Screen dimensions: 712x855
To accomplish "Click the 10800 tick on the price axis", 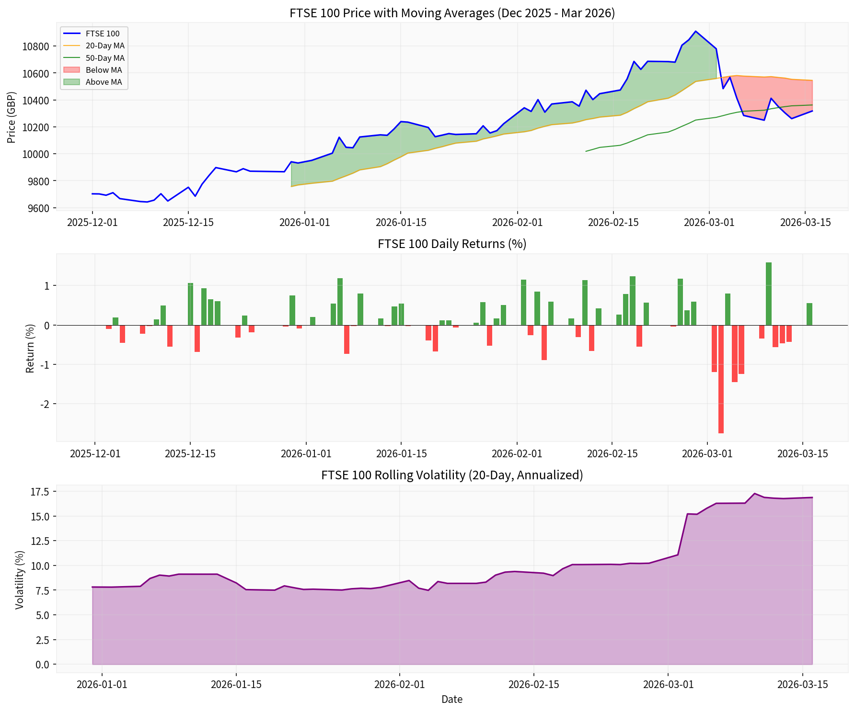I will tap(36, 46).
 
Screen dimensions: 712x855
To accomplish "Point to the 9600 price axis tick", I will tap(38, 208).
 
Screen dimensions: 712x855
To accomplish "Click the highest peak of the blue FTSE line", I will tap(695, 31).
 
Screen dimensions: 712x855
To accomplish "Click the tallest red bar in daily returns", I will tap(721, 379).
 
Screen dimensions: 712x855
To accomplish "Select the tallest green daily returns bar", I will tap(768, 294).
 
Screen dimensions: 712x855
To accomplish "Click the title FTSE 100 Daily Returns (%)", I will tap(451, 244).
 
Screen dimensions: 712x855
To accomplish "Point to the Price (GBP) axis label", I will tap(12, 117).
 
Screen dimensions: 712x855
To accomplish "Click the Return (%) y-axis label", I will tap(30, 348).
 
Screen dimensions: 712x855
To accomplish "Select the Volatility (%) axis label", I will tap(19, 579).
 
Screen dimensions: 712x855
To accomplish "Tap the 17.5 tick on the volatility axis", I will tap(39, 492).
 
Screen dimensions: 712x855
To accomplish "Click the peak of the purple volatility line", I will tap(754, 494).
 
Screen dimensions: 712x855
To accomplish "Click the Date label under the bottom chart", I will tap(451, 700).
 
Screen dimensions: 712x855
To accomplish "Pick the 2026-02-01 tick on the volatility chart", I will tap(399, 684).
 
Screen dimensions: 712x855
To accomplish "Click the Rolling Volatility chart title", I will tap(451, 475).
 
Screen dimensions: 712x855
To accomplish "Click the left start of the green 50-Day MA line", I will tap(586, 151).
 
